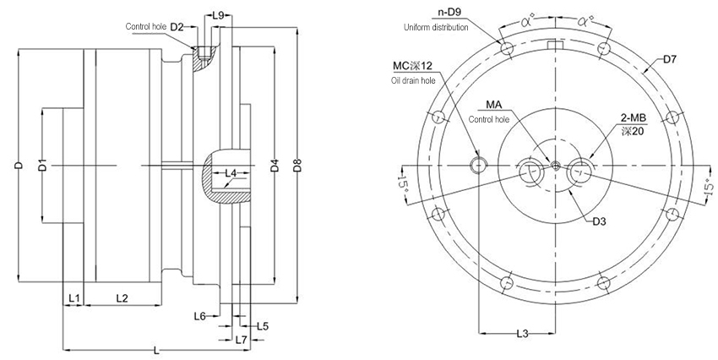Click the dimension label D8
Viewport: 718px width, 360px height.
point(296,166)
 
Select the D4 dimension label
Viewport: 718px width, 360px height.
point(275,166)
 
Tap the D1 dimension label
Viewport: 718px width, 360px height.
point(42,166)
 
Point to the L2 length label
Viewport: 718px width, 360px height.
point(122,298)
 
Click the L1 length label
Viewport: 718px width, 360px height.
point(73,298)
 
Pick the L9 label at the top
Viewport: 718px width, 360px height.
point(219,16)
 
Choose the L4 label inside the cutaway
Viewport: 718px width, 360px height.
point(231,173)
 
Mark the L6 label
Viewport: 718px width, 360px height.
point(199,315)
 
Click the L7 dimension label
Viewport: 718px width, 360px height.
point(242,340)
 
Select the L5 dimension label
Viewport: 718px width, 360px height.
point(263,326)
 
